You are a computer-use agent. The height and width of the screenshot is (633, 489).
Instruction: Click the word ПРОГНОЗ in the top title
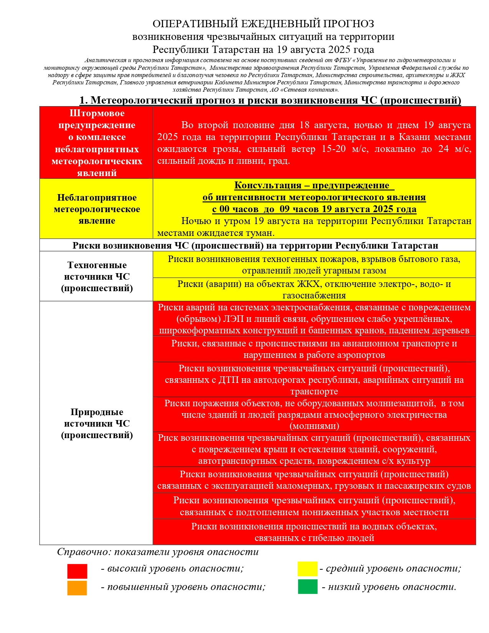[349, 24]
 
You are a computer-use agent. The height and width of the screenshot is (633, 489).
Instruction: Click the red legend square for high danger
[77, 571]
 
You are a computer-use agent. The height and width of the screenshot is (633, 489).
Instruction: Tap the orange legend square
[77, 588]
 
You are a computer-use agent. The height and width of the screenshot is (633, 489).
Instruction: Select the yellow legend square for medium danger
[308, 569]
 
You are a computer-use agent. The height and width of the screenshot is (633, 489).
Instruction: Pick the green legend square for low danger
[308, 587]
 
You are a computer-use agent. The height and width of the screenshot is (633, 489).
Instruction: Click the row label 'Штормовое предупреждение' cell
[97, 143]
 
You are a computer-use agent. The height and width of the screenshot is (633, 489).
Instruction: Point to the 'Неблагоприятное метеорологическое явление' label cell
[97, 209]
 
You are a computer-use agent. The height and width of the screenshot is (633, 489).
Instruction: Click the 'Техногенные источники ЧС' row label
[97, 276]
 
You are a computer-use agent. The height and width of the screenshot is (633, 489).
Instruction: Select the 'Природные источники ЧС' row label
[97, 423]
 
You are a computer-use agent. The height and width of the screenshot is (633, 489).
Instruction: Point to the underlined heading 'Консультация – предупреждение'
[314, 185]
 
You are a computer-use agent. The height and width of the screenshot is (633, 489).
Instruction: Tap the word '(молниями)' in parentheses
[314, 426]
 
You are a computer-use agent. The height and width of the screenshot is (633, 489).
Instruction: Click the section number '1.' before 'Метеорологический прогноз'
[84, 100]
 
